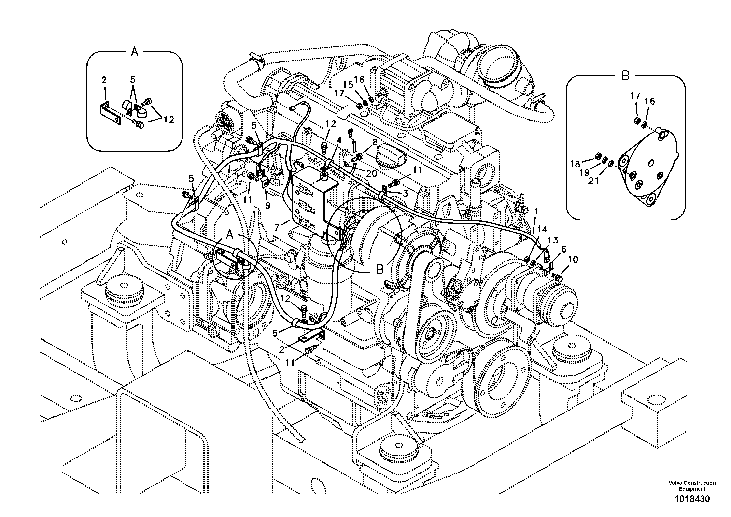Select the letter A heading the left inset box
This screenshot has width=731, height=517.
click(134, 52)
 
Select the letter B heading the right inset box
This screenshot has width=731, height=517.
click(625, 76)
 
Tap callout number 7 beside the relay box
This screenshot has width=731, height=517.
click(277, 228)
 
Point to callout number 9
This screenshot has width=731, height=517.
click(268, 206)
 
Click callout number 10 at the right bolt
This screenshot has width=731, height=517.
click(573, 259)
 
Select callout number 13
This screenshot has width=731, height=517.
click(553, 240)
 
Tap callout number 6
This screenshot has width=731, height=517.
click(563, 249)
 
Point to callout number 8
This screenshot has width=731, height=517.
click(375, 142)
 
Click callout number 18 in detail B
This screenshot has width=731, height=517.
click(575, 164)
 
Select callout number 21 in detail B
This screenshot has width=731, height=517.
click(593, 181)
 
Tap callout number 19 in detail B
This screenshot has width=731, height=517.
click(584, 172)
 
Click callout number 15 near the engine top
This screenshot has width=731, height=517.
click(348, 85)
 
